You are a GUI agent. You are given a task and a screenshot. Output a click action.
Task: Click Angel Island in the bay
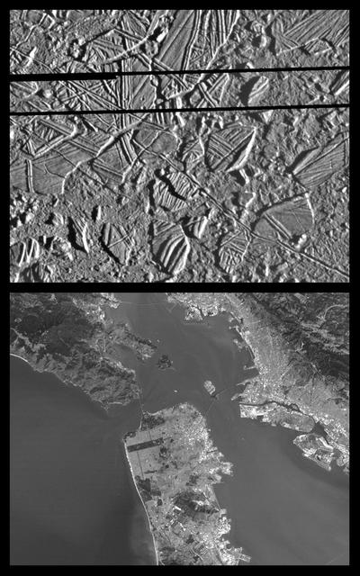pyautogui.click(x=164, y=362)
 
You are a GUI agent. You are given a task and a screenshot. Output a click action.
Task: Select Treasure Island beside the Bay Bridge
pyautogui.click(x=208, y=388)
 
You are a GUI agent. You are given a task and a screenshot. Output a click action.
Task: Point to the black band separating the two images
pyautogui.click(x=180, y=287)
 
